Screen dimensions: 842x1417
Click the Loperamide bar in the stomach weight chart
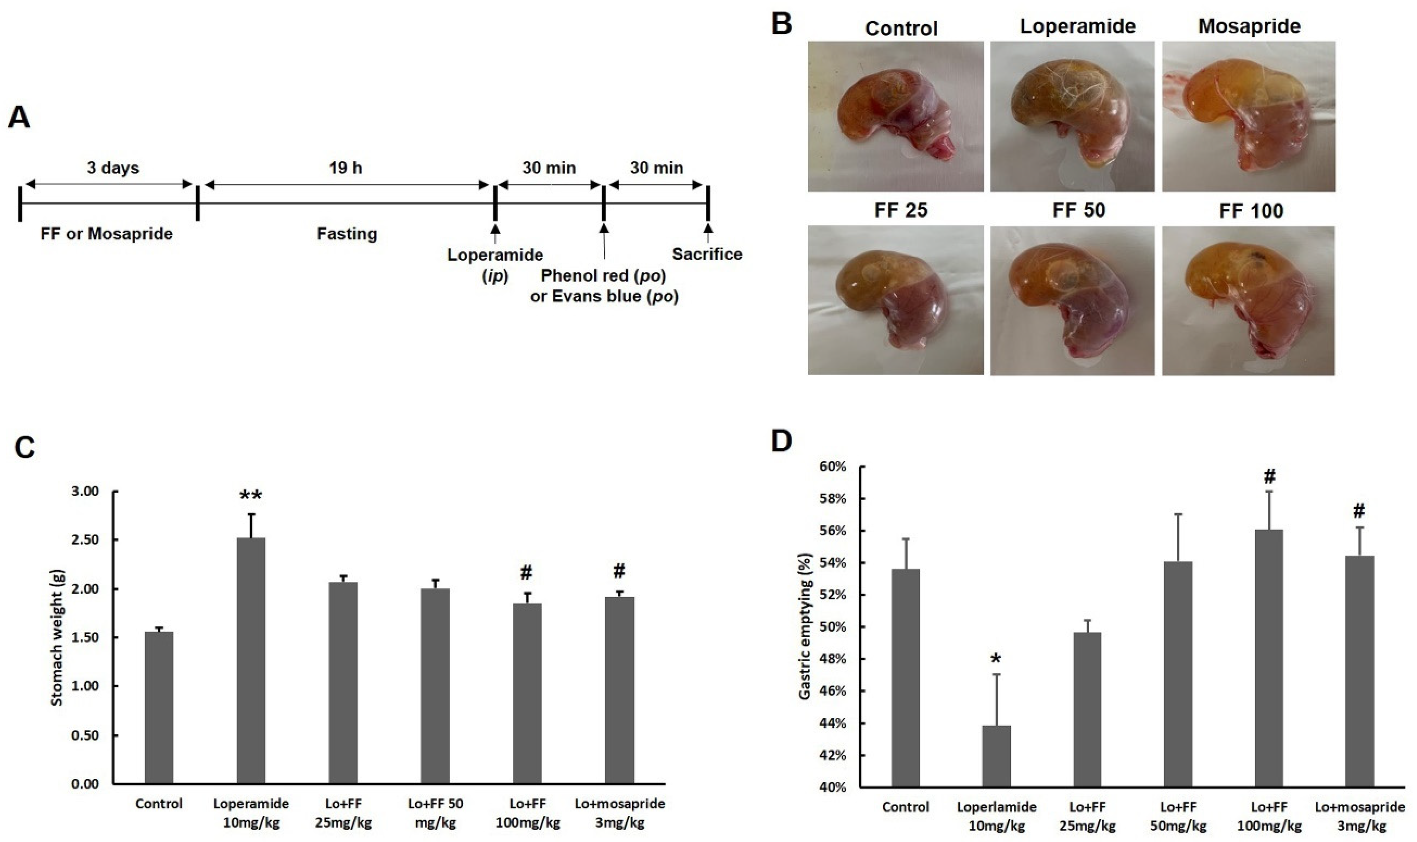[251, 661]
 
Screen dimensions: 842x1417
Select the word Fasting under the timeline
[346, 234]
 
